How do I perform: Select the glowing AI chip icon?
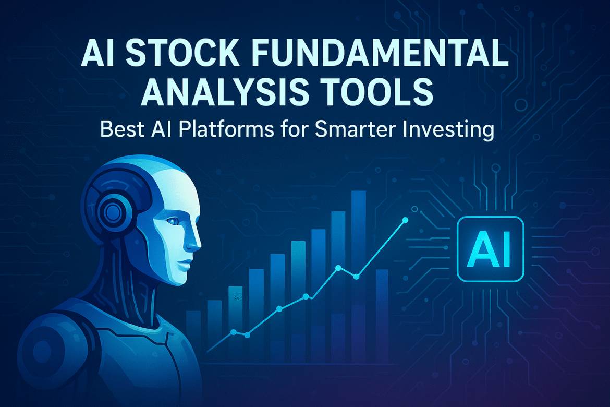click(x=490, y=249)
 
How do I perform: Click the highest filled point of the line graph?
click(x=405, y=221)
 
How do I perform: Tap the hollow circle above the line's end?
click(x=414, y=209)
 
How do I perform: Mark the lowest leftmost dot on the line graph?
click(x=233, y=332)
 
